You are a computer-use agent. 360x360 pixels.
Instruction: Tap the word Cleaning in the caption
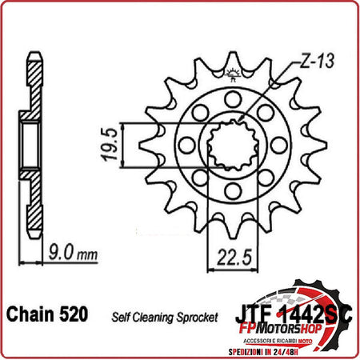click(x=156, y=318)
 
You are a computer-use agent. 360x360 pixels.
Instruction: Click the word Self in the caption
click(x=122, y=318)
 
